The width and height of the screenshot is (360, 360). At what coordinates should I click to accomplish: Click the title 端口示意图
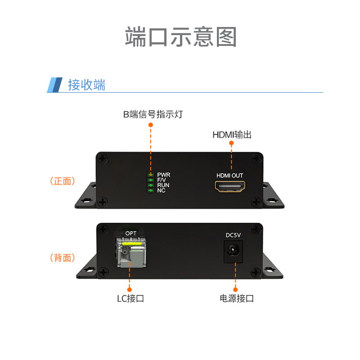(180, 37)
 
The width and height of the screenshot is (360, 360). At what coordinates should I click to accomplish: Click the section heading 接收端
(86, 85)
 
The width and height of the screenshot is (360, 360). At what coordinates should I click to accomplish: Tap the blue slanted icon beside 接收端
(54, 85)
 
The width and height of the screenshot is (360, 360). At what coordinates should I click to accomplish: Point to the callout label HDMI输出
(232, 135)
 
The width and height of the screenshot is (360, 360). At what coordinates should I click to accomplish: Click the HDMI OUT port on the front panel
(230, 186)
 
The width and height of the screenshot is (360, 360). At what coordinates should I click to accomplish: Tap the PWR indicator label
(164, 175)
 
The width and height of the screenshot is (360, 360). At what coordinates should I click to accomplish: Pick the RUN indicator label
(163, 185)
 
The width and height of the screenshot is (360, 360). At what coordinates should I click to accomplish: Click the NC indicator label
(161, 190)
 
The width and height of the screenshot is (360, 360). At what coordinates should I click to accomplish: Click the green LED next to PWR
(150, 175)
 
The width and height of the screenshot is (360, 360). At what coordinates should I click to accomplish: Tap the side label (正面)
(62, 181)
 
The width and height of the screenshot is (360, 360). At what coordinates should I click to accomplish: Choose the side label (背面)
(62, 258)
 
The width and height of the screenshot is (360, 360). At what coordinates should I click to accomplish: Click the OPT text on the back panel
(131, 233)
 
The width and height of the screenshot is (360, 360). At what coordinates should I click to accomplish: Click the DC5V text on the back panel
(234, 235)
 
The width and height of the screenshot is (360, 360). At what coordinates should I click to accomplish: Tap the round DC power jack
(234, 250)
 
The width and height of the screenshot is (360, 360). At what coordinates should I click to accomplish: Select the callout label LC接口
(130, 298)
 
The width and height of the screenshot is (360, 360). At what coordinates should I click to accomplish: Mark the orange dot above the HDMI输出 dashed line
(232, 143)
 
